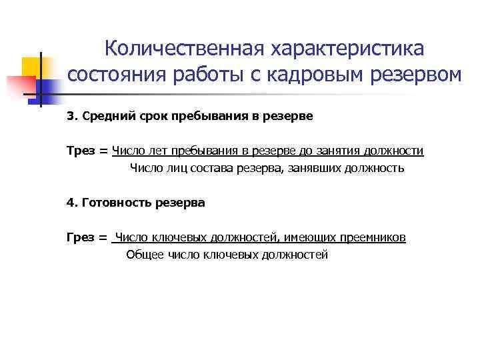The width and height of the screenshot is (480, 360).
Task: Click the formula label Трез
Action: coord(81,151)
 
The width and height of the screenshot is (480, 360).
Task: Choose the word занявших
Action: coord(315,169)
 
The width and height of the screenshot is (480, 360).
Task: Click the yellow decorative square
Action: coord(32,67)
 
